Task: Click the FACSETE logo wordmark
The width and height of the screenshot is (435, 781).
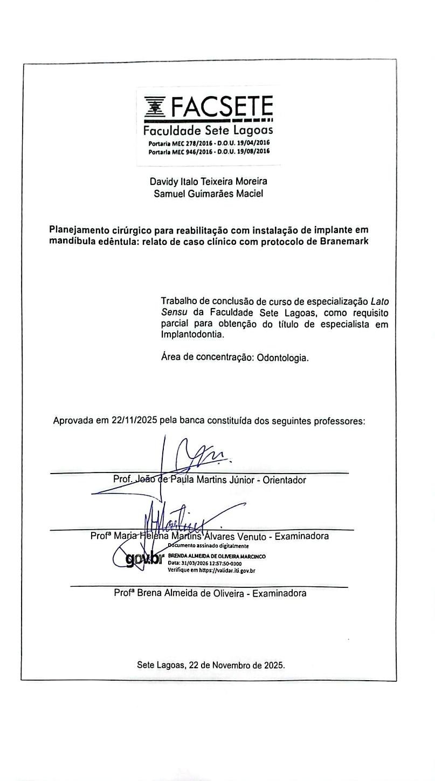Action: [222, 107]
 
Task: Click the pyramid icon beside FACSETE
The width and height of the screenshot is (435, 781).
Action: [156, 106]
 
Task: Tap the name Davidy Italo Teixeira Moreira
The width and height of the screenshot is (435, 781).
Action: [208, 182]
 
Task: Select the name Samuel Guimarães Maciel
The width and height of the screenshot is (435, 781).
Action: [208, 194]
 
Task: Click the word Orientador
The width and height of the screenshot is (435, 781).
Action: [284, 479]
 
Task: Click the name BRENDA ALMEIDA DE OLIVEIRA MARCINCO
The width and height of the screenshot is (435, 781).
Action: [217, 556]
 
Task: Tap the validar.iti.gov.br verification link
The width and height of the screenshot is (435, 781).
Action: [226, 570]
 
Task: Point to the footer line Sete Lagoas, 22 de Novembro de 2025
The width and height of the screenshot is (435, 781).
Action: [211, 665]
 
